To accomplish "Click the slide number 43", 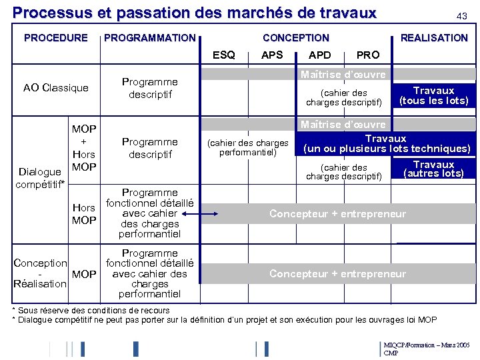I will click(461, 16).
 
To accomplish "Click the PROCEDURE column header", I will click(56, 38).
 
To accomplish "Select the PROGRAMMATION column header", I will click(150, 38).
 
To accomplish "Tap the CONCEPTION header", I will click(296, 38).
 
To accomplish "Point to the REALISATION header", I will click(434, 38).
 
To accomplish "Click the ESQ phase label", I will click(223, 55).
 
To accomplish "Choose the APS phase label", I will click(272, 55).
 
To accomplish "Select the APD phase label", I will click(320, 55).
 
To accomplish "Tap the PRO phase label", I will click(368, 55).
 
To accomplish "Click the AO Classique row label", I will click(56, 88).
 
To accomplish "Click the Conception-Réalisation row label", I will click(41, 273).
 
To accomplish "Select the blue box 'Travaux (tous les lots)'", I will click(434, 95).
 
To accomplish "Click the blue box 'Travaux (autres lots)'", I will click(434, 169).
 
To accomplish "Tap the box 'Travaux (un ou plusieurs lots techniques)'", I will click(386, 143).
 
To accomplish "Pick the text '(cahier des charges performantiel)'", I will click(248, 147).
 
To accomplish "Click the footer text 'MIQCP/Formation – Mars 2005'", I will click(427, 345).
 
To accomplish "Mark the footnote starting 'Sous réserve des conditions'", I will click(93, 310).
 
